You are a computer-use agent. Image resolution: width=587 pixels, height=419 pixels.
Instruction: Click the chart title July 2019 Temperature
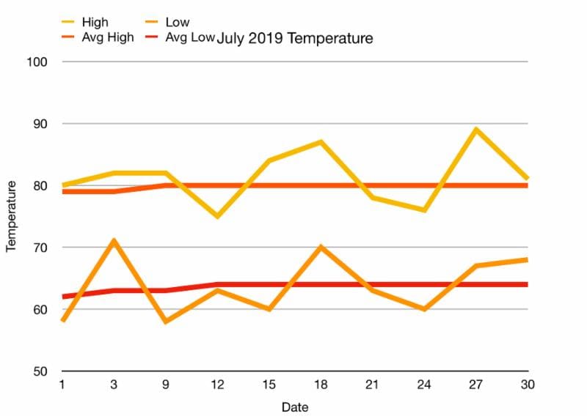point(294,38)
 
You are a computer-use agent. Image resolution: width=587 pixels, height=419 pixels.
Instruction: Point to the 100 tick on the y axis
point(40,62)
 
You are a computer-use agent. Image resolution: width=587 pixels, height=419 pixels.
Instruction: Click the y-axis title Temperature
point(11,217)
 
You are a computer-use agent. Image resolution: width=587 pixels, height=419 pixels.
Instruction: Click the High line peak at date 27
point(476,130)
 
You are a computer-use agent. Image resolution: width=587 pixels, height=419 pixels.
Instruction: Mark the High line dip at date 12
point(217,216)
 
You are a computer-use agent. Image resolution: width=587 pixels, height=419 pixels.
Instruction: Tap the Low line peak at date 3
point(114,241)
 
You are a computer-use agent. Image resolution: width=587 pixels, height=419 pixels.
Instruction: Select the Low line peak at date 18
point(321,247)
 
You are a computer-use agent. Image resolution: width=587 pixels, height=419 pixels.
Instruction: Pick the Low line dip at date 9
point(165,322)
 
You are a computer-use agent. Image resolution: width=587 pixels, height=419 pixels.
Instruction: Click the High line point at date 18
point(321,142)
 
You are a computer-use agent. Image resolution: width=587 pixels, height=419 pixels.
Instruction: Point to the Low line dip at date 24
point(424,309)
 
